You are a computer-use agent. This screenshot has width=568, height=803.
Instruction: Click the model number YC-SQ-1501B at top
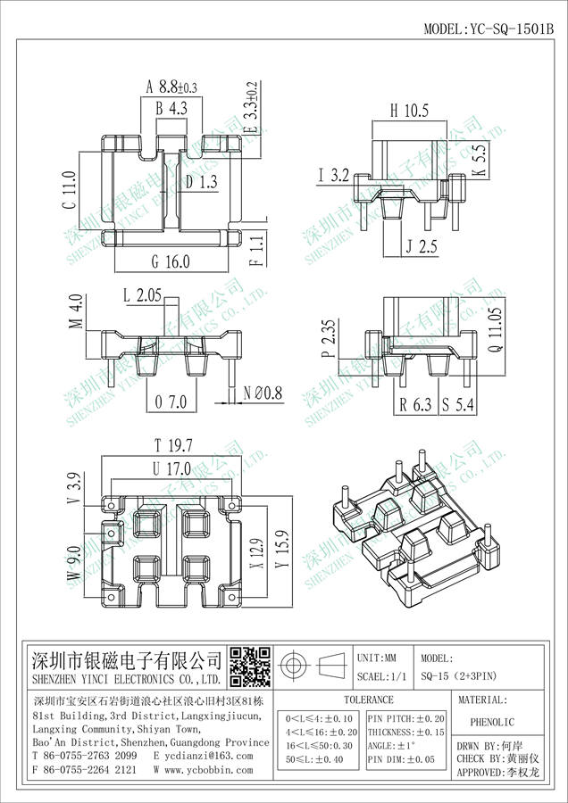[489, 29]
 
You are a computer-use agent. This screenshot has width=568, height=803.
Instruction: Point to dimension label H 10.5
[410, 111]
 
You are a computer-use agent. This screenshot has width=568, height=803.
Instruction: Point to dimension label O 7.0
[171, 402]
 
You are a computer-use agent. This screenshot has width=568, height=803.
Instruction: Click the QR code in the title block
[250, 666]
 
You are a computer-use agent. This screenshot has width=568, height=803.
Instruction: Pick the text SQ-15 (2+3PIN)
[464, 677]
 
